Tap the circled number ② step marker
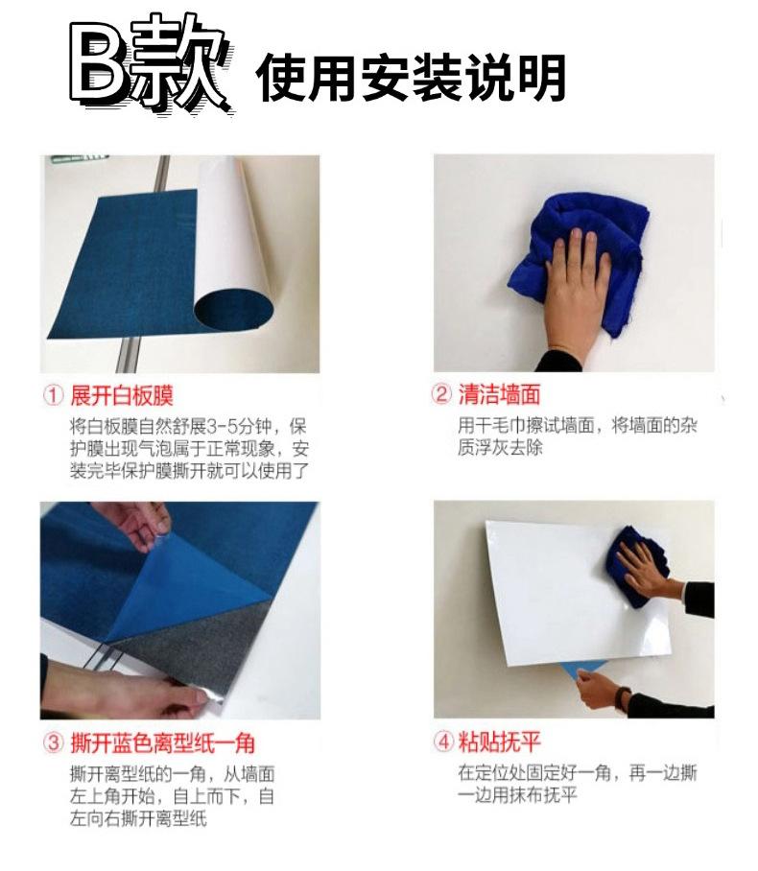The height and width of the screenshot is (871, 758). pyautogui.click(x=442, y=395)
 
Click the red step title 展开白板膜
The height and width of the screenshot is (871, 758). pyautogui.click(x=122, y=395)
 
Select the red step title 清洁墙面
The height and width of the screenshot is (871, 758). pyautogui.click(x=499, y=395)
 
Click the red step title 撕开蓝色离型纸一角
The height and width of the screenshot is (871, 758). pyautogui.click(x=162, y=742)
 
